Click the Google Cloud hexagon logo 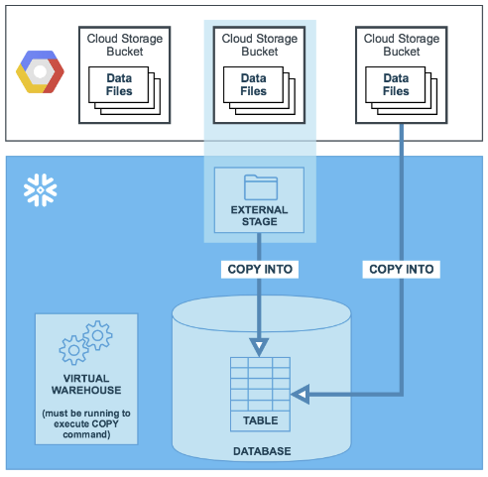coord(40,71)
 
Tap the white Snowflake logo coord(41,190)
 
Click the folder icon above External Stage coord(261,187)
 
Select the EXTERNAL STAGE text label coord(259,215)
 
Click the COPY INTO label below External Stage coord(260,269)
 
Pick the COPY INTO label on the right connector coord(402,269)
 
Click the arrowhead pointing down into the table coord(259,347)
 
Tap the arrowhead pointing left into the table coord(301,394)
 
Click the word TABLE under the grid coord(261,420)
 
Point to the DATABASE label coord(262,451)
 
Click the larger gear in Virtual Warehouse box coord(73,350)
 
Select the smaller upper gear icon coord(98,335)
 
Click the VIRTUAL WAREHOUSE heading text coord(86,384)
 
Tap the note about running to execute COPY coord(86,423)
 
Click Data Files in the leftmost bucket coord(119,84)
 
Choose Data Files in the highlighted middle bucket coord(253,84)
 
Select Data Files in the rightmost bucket coord(396,84)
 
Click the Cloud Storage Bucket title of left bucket coord(125,45)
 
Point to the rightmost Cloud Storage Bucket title coord(402,45)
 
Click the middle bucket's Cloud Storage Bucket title coord(260,45)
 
